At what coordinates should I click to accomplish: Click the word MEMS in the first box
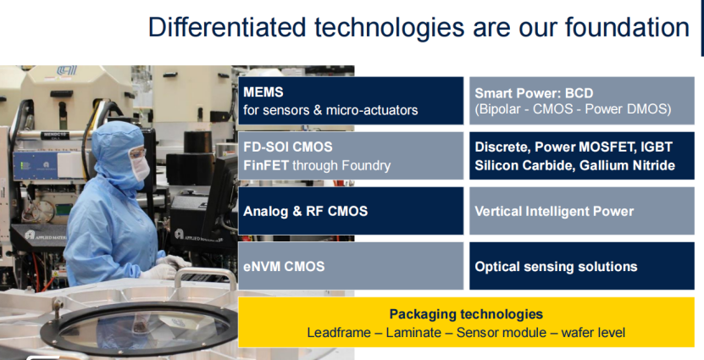(x=263, y=92)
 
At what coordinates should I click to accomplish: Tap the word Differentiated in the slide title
(x=228, y=27)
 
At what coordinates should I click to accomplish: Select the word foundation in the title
(x=627, y=27)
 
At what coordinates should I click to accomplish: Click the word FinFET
(x=266, y=166)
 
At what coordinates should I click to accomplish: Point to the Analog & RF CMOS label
(x=305, y=211)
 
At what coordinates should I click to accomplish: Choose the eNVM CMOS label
(x=284, y=266)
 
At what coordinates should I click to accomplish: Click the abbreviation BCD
(x=579, y=93)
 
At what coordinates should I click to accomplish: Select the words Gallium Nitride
(x=627, y=166)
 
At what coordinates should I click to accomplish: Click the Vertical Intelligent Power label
(x=554, y=211)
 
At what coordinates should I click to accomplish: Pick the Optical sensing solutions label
(x=556, y=267)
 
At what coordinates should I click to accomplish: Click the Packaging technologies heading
(x=466, y=313)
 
